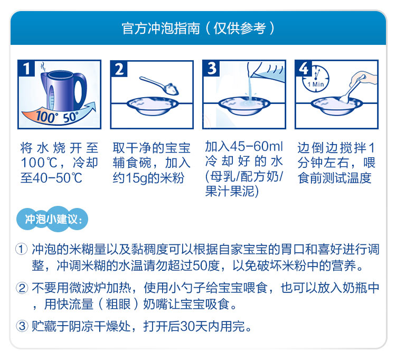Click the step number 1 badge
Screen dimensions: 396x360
coord(26,68)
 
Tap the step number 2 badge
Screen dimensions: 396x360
coord(119,69)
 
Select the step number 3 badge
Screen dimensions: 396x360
coord(211,69)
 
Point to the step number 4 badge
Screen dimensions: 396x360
coord(304,69)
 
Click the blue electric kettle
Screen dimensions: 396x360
coord(64,90)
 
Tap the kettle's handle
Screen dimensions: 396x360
coord(80,90)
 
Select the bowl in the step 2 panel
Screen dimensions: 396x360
coord(152,106)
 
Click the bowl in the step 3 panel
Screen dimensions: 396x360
coord(244,106)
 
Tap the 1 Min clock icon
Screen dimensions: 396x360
coord(316,79)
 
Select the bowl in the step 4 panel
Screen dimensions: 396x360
coord(337,106)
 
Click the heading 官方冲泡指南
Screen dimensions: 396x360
coord(161,29)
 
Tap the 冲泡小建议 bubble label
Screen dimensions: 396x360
coord(52,219)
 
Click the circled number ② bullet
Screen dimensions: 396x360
coord(22,288)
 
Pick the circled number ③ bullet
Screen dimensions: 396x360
coord(22,326)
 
